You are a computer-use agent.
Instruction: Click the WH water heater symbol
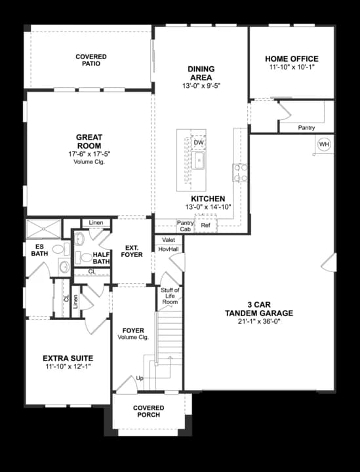pos(324,144)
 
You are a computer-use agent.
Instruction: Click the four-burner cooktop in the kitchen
pos(240,172)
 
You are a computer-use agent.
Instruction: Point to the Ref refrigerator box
pos(205,226)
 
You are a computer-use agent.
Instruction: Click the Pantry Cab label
pos(185,226)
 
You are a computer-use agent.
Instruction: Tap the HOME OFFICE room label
pos(292,58)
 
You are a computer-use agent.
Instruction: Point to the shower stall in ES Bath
pos(43,229)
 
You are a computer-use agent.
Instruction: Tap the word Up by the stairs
pos(139,379)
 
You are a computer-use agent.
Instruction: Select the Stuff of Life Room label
pos(170,296)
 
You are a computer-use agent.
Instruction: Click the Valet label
pos(168,240)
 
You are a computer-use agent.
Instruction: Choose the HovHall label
pos(169,250)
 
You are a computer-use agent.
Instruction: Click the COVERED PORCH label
pos(149,412)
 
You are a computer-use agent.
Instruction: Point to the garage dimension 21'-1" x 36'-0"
pos(259,322)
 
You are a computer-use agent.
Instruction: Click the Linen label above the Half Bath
pos(96,223)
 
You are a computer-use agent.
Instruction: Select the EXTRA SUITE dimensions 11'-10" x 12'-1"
pos(68,367)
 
